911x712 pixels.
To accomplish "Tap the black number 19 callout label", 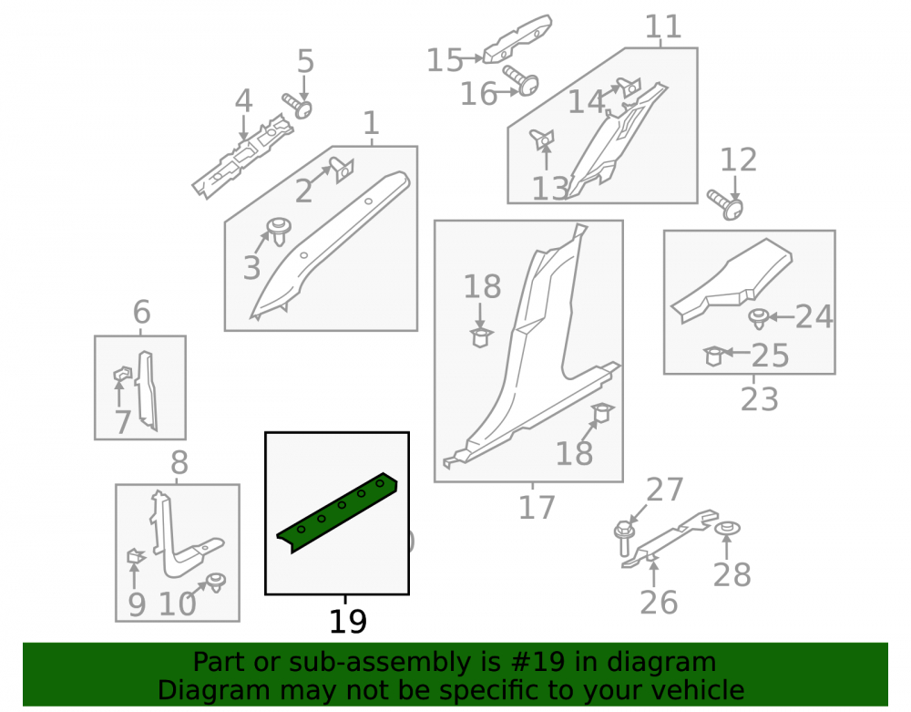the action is pos(348,622).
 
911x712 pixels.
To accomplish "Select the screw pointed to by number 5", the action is pos(298,106).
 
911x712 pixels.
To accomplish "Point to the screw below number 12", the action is pos(725,204).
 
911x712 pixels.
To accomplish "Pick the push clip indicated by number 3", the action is pos(279,231).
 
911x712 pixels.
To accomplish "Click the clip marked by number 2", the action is pos(343,170).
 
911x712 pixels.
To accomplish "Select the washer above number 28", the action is pos(727,529).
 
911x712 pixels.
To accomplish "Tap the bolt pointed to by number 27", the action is pos(623,538).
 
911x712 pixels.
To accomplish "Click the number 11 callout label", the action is pos(663,26).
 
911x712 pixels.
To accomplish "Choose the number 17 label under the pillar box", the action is pos(537,507).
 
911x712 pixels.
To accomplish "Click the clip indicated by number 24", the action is pos(759,318).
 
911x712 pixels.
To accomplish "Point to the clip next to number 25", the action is pos(713,356).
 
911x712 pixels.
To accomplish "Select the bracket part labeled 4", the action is pos(242,156).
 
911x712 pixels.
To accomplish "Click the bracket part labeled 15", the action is pos(517,38).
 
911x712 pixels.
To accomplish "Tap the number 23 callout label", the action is pos(760,399).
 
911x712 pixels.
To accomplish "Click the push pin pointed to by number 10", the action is pos(217,582).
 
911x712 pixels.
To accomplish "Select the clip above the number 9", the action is pos(136,556).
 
